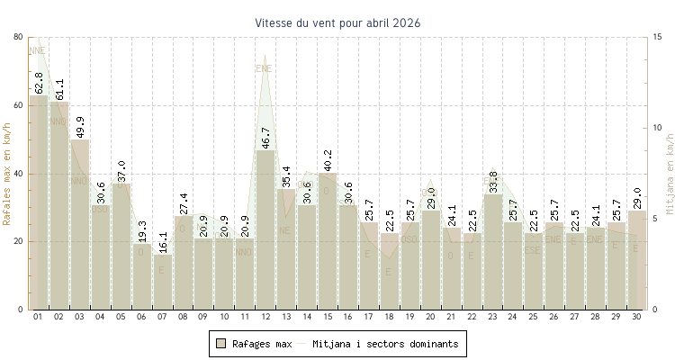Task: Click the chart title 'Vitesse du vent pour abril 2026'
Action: pos(337,22)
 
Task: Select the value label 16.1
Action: pos(162,242)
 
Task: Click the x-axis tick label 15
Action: pos(328,317)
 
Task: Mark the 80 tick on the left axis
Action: pos(19,37)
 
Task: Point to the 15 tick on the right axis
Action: pos(659,37)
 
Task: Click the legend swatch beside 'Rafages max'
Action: pos(220,344)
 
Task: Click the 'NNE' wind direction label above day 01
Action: pos(37,50)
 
